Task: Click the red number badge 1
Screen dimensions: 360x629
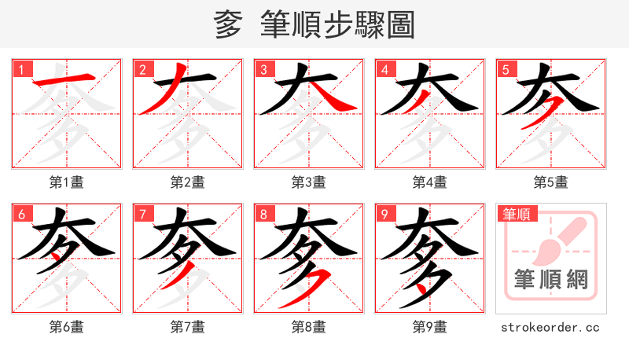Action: [21, 69]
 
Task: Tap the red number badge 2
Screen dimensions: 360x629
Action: [142, 69]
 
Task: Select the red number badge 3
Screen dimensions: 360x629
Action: [263, 69]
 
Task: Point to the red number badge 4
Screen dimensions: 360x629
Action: [384, 69]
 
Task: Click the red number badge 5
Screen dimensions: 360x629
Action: [506, 69]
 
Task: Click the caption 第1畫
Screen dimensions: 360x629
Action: [67, 182]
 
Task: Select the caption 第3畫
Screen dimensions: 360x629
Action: [309, 182]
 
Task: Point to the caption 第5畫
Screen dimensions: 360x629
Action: [551, 182]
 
